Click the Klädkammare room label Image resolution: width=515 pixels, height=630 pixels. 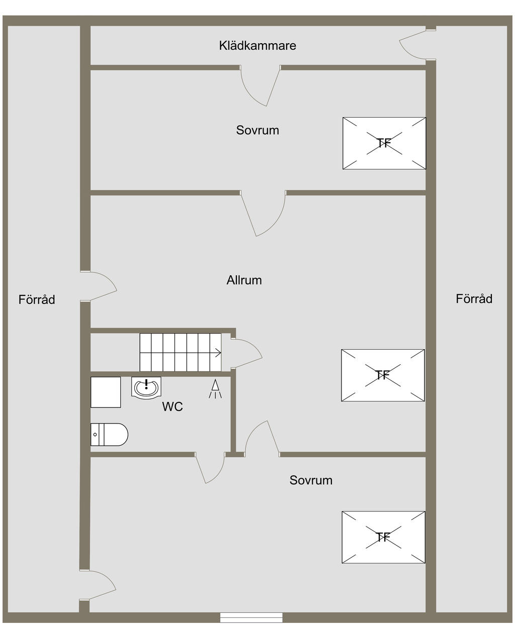(257, 46)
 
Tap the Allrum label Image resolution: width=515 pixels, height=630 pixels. (244, 280)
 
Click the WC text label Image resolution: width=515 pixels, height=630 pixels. (172, 407)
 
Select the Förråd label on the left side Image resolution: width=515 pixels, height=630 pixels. (37, 300)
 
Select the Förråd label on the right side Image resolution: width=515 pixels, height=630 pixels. (474, 299)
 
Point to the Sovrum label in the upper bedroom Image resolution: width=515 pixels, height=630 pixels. (257, 131)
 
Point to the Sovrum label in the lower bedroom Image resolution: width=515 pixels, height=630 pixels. (311, 480)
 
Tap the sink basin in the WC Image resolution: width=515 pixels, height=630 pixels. (146, 387)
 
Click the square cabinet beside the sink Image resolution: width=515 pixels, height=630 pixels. (106, 392)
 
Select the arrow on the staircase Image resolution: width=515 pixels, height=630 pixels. (217, 353)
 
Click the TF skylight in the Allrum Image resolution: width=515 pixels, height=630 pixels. (383, 375)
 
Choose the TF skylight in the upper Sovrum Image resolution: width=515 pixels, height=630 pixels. (384, 143)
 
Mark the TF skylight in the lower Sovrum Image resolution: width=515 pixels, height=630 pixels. (383, 538)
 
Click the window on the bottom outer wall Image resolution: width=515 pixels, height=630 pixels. (251, 617)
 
